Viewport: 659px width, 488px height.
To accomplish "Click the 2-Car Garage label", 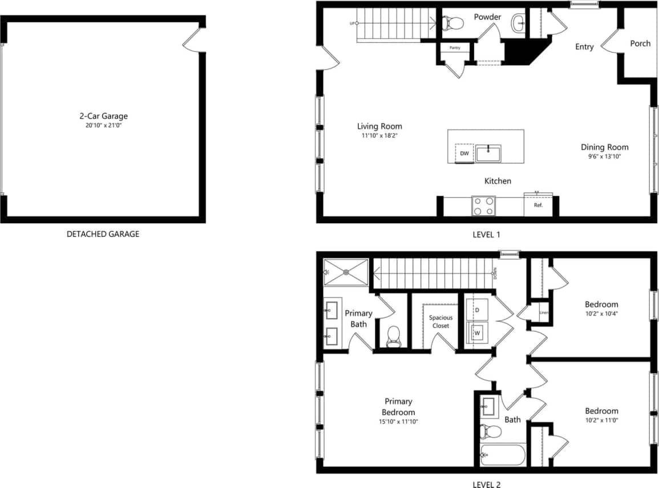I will [103, 116].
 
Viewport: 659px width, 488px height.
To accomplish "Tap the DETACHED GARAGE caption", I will [103, 234].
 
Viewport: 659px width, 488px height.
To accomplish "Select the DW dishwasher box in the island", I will [464, 154].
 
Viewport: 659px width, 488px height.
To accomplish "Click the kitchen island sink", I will [488, 154].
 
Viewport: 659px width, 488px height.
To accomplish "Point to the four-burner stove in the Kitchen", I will [483, 206].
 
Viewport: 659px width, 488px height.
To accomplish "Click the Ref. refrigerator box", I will [538, 205].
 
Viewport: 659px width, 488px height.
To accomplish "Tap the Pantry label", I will [455, 48].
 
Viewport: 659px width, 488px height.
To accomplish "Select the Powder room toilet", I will [454, 23].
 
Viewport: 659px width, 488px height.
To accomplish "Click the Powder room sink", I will [519, 23].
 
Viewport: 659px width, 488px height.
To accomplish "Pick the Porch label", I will [640, 43].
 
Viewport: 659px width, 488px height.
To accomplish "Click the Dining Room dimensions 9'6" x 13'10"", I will [605, 156].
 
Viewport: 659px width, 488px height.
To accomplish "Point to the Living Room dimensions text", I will [379, 136].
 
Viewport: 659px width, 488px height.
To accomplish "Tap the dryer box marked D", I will [477, 309].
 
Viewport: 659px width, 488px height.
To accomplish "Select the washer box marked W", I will [478, 332].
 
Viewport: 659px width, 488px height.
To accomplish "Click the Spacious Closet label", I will [440, 321].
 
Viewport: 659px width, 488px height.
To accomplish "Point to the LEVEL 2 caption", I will [486, 485].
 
